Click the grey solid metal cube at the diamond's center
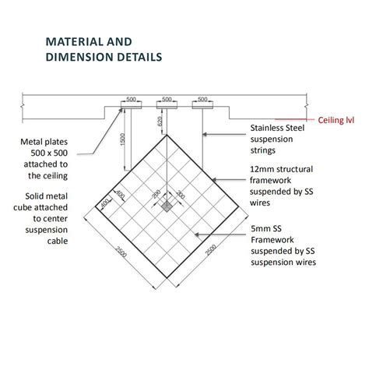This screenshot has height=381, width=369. click(x=167, y=206)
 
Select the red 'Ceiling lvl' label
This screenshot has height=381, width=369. click(x=336, y=120)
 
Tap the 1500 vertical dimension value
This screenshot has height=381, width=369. click(x=123, y=139)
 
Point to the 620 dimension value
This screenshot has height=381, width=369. click(x=160, y=122)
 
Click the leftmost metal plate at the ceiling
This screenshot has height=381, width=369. click(x=132, y=105)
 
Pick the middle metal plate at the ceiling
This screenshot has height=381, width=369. click(x=167, y=105)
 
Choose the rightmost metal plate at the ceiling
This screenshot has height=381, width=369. click(x=202, y=105)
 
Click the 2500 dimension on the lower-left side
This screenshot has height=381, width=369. click(x=121, y=252)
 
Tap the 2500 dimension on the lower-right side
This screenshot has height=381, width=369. click(x=211, y=250)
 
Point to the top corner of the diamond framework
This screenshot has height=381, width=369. click(x=167, y=135)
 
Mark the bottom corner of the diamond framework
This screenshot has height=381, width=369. click(x=167, y=278)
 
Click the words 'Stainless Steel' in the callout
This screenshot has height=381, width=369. click(x=277, y=128)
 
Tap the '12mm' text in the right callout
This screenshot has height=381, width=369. click(x=260, y=169)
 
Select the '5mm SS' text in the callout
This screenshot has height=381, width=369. click(x=266, y=228)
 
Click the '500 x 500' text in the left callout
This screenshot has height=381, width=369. click(x=49, y=153)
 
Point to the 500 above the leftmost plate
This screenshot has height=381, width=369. click(x=131, y=99)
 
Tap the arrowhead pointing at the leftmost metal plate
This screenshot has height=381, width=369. click(x=120, y=111)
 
